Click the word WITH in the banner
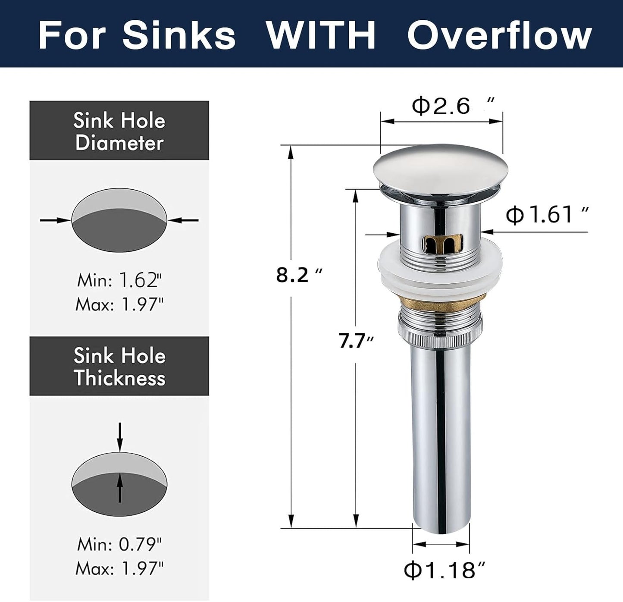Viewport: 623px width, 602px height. click(321, 35)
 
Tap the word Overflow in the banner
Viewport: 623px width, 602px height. click(499, 35)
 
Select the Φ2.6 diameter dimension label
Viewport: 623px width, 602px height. click(452, 106)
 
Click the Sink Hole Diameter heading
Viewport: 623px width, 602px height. click(119, 131)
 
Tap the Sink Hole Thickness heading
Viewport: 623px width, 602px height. click(119, 367)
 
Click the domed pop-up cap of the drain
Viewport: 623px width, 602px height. click(438, 168)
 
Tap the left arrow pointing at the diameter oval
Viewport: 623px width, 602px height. click(55, 220)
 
